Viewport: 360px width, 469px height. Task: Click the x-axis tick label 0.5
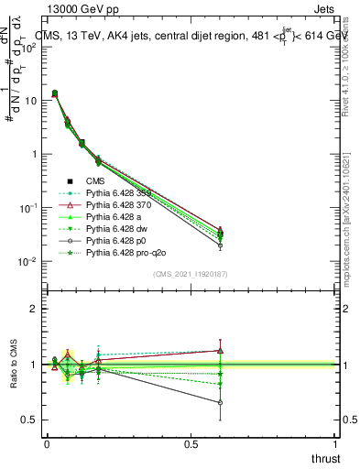(191, 444)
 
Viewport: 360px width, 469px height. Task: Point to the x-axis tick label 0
(47, 444)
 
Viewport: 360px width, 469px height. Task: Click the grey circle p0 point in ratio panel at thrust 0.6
(220, 402)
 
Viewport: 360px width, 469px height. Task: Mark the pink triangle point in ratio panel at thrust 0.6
(220, 350)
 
